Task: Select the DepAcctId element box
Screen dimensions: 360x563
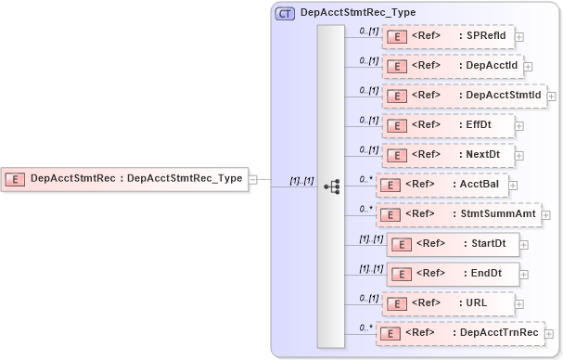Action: pyautogui.click(x=452, y=66)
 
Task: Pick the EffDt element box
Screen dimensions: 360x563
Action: pyautogui.click(x=447, y=124)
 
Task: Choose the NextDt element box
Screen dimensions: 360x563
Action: pyautogui.click(x=448, y=154)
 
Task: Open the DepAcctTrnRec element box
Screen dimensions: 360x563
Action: pyautogui.click(x=462, y=332)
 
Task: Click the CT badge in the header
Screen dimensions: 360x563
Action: pyautogui.click(x=286, y=13)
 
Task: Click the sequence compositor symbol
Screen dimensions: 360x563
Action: pyautogui.click(x=331, y=186)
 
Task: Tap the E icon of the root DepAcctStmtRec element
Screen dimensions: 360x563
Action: pyautogui.click(x=16, y=179)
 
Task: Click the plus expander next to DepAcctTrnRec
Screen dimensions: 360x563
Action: pyautogui.click(x=555, y=333)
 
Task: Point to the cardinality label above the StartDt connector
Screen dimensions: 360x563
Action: pyautogui.click(x=371, y=238)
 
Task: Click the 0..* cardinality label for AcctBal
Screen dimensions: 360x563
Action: pyautogui.click(x=365, y=179)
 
